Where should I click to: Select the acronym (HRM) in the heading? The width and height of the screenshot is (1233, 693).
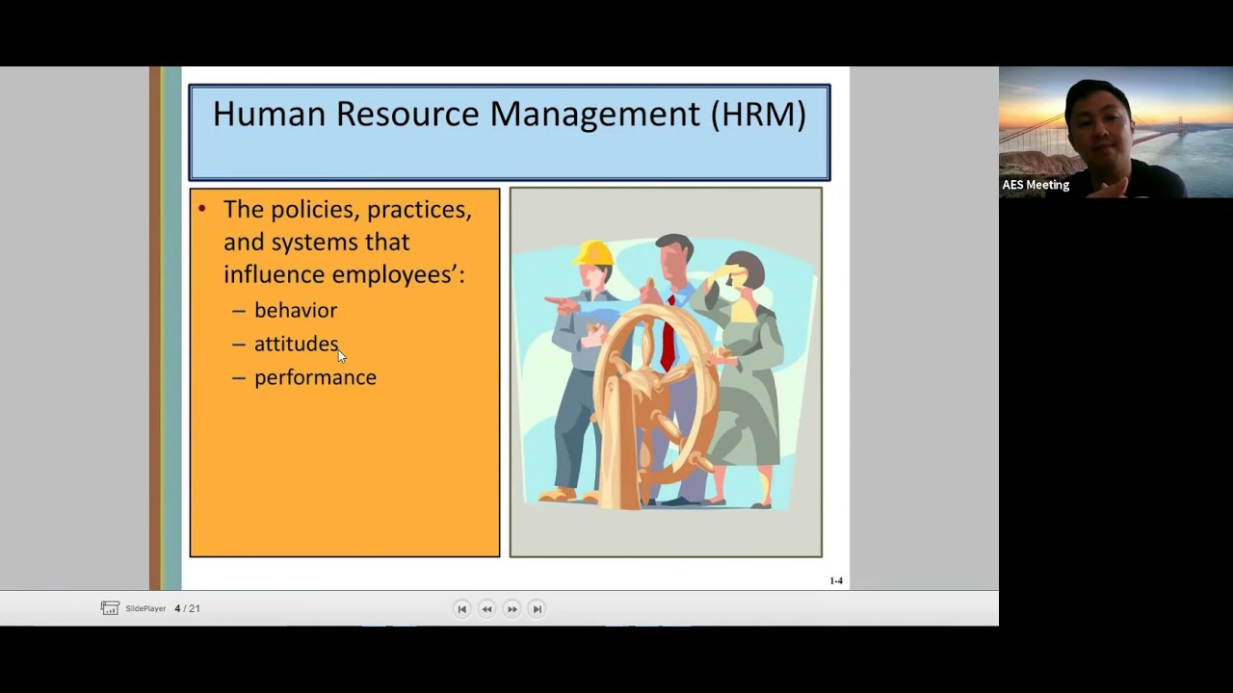point(758,114)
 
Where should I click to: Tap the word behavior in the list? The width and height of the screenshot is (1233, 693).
point(296,310)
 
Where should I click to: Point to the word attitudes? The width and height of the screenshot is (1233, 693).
point(296,344)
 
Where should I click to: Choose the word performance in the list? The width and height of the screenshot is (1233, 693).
point(315,377)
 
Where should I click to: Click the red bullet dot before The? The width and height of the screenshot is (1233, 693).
point(202,208)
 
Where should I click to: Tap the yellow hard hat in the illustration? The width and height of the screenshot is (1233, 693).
point(593,253)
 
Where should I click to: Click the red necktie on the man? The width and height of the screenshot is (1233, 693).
point(668,332)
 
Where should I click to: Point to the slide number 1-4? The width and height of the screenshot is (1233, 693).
point(836,580)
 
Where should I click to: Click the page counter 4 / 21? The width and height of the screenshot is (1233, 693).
point(188,608)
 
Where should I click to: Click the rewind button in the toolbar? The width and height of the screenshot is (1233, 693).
point(486,608)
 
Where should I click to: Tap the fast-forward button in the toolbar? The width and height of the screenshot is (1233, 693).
point(512,608)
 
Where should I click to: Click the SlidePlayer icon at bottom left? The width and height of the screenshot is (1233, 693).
point(110,608)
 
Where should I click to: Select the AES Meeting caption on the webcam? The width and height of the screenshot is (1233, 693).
point(1036,185)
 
